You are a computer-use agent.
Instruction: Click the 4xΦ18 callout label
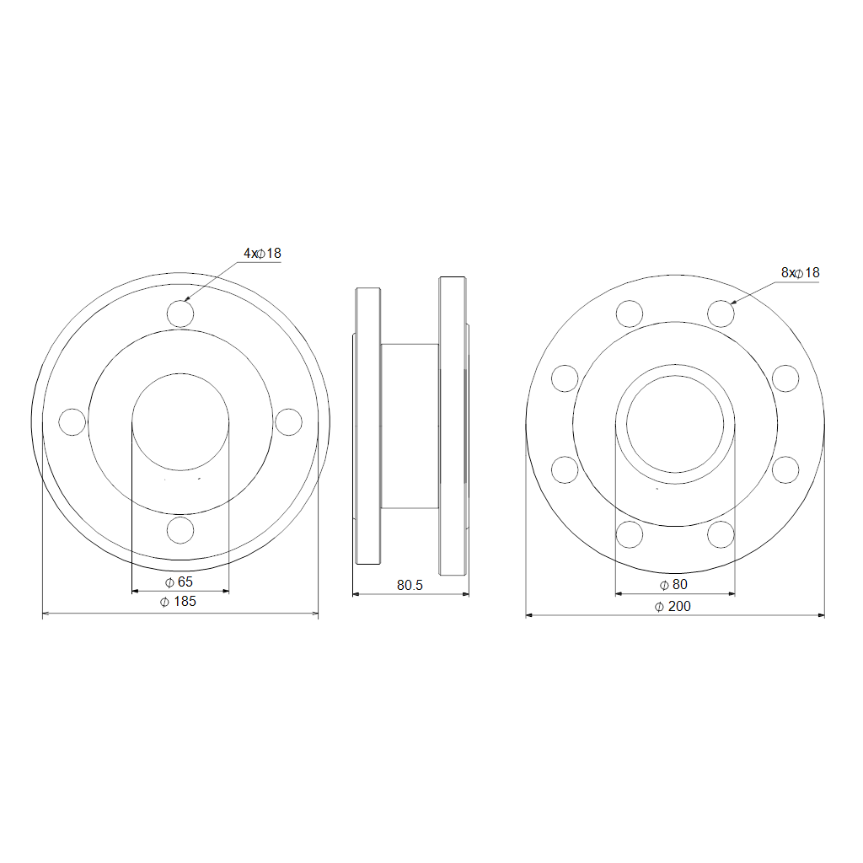click(263, 253)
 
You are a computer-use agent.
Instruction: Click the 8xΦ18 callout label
click(801, 272)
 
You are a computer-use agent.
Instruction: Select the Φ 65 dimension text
click(179, 582)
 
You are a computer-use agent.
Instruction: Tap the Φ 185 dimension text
click(178, 602)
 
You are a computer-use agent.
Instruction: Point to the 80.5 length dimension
click(410, 585)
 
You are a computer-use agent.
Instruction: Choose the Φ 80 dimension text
click(673, 585)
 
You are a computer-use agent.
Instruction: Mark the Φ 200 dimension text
click(673, 607)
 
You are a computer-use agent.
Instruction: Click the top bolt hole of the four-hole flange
click(180, 314)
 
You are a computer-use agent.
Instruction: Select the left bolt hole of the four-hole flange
click(72, 422)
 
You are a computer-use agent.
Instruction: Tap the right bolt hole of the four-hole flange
click(288, 422)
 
